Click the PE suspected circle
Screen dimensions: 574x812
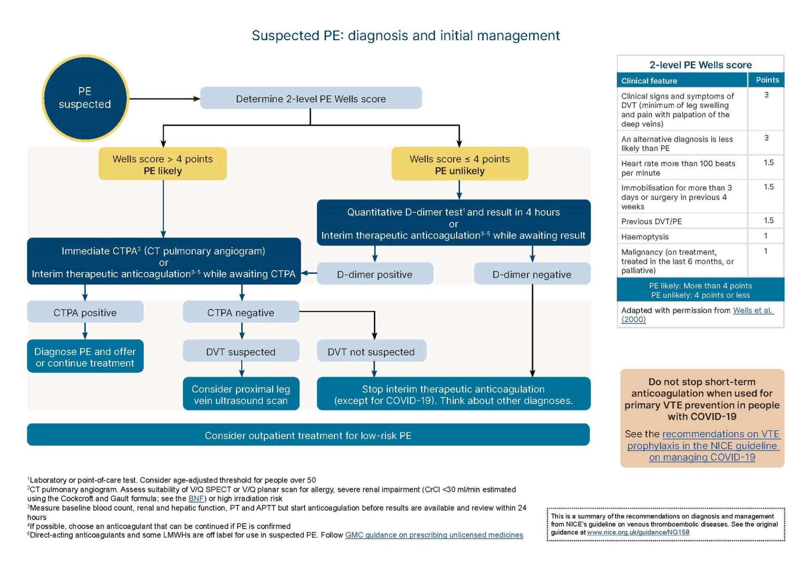click(85, 98)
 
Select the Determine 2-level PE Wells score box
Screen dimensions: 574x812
click(310, 99)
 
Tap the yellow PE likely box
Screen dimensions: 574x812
click(162, 164)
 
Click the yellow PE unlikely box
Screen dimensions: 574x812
click(459, 164)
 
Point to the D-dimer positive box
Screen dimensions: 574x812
click(375, 274)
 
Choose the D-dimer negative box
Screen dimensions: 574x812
click(532, 274)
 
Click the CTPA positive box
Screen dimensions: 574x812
click(85, 312)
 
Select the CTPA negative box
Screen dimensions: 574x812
click(241, 312)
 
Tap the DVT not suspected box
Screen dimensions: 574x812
click(371, 351)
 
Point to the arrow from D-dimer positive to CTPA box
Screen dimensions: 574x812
click(309, 273)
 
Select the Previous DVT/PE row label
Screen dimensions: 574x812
click(651, 221)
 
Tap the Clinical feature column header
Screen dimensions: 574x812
click(649, 80)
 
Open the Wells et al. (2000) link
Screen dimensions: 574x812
click(752, 310)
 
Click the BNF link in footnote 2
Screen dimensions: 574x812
click(196, 498)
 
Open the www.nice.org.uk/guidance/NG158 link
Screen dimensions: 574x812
click(638, 532)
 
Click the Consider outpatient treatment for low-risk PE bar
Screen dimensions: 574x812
click(308, 435)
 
